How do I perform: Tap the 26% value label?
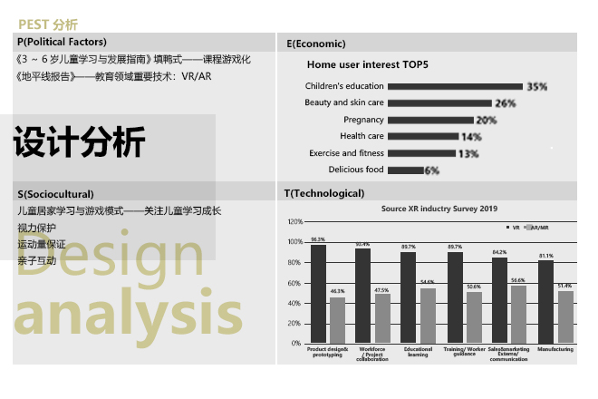coord(506,103)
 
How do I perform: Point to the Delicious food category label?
coord(356,170)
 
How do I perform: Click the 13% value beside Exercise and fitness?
coord(468,153)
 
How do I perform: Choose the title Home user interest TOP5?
coord(367,65)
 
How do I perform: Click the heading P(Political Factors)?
coord(62,42)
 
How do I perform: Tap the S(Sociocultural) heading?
coord(55,193)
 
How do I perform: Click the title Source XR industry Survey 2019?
coord(439,209)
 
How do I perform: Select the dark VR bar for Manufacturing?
coord(545,302)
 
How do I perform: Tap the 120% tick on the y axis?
coord(295,222)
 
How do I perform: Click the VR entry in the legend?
coord(514,228)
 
